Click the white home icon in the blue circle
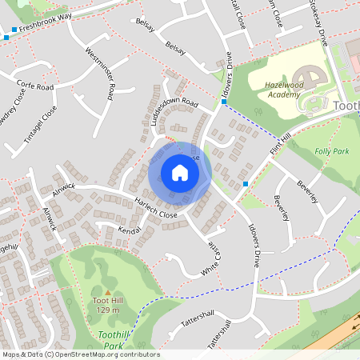click(180, 173)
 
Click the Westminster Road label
click(100, 74)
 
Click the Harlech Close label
click(156, 208)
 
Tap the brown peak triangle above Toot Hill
click(107, 292)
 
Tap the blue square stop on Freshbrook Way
click(6, 37)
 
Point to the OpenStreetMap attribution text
click(80, 354)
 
